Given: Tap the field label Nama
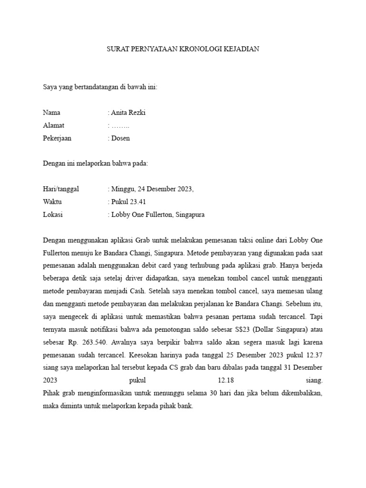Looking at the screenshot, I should coord(51,113).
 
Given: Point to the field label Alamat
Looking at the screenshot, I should coord(53,126).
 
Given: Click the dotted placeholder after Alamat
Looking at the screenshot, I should coord(120,126).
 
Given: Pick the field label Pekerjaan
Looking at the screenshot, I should coord(57,139).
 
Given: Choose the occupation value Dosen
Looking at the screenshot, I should coord(121,139).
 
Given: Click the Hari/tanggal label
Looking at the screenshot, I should coord(61,189).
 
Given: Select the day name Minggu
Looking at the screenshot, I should coord(122,189).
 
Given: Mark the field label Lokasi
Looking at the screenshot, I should coord(53,214).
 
